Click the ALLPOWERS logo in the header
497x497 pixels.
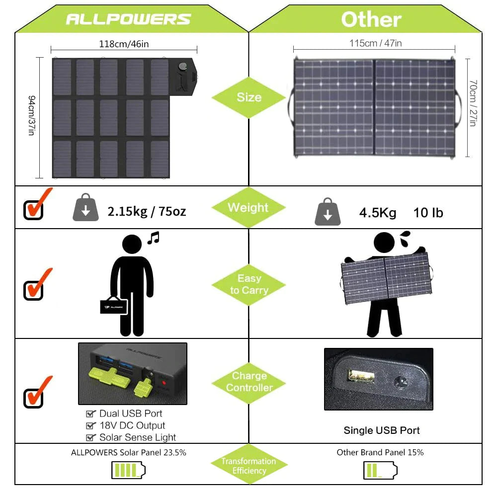128,19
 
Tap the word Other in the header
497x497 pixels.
371,19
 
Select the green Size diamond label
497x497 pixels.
249,97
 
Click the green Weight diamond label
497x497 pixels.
248,208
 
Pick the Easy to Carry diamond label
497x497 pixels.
248,284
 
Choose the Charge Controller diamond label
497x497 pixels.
249,382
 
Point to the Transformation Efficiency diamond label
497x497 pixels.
249,466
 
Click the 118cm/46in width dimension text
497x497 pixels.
124,44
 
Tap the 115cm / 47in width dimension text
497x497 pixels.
375,43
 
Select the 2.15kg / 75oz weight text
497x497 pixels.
147,211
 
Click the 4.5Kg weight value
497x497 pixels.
378,213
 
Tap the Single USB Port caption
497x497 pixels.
382,430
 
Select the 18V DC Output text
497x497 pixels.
132,425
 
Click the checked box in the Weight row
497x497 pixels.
34,209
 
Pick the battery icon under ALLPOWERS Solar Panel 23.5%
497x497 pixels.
128,470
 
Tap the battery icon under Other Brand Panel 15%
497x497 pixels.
380,470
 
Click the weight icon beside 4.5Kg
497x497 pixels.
328,212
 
